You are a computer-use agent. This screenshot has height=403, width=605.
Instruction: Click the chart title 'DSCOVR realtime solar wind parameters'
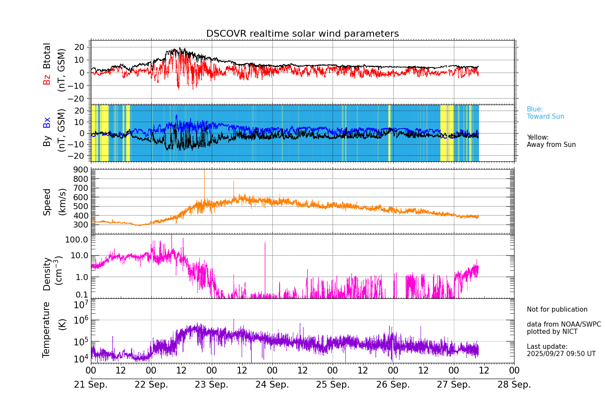pos(302,34)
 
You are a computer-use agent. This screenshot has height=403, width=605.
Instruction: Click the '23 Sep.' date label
pos(211,385)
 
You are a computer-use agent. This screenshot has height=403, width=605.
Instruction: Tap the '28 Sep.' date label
pos(514,385)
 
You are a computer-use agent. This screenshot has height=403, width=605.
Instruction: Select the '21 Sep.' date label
pos(91,385)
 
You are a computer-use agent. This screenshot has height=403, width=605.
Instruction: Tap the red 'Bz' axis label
pos(47,79)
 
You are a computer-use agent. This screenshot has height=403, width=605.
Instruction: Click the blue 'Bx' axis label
pos(47,122)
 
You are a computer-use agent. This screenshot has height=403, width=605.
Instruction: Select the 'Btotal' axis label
pos(47,55)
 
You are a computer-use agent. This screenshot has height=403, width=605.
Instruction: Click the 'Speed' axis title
pos(47,201)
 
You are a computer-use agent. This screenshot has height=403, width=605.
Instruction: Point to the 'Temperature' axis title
pos(46,330)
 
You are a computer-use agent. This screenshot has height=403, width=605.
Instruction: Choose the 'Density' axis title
pos(47,274)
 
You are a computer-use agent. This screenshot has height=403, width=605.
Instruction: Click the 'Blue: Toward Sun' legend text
pos(545,113)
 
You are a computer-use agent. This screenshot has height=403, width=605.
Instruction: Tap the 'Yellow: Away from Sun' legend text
pos(551,141)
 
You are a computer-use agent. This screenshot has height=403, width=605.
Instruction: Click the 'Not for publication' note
pos(557,310)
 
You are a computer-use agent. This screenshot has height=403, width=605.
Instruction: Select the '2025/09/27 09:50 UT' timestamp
pos(561,354)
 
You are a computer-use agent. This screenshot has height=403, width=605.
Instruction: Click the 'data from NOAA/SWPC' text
pos(564,324)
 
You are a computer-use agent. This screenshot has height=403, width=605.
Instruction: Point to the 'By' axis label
pos(47,141)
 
